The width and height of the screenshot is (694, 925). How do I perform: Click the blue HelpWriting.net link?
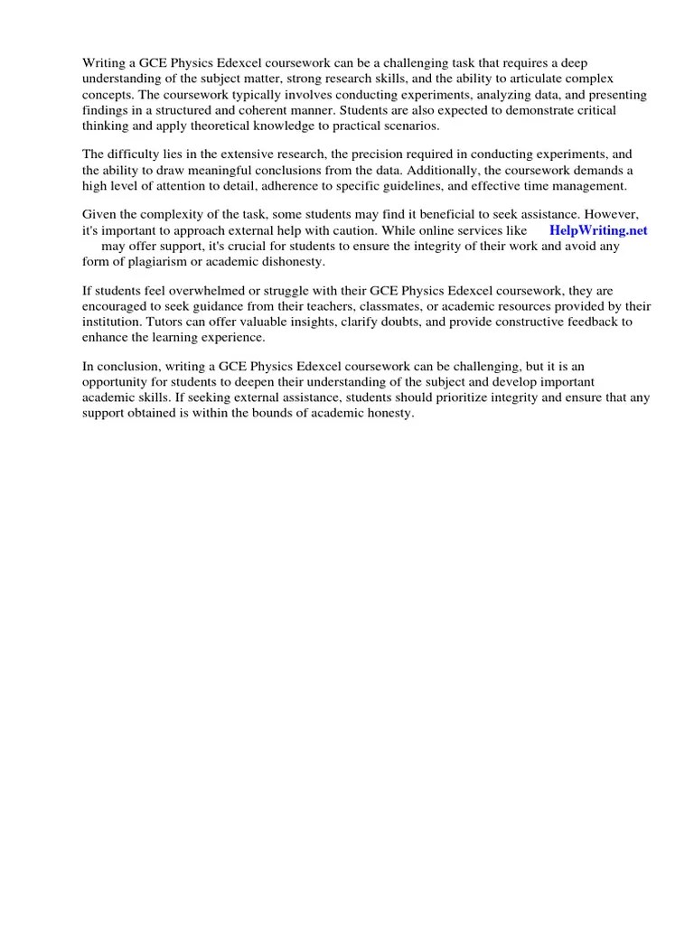pyautogui.click(x=598, y=230)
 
